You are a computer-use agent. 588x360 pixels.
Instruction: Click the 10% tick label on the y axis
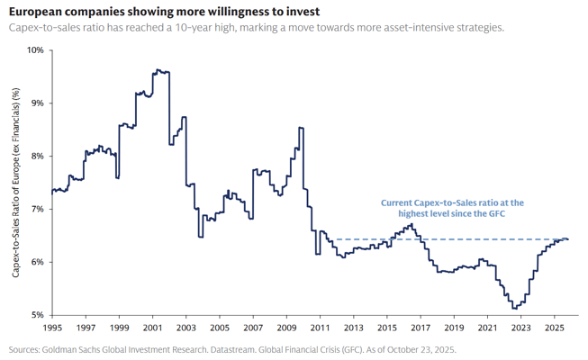point(32,49)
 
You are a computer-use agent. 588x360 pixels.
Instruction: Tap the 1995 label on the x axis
point(53,329)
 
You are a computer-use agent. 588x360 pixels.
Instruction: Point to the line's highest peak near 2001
point(158,69)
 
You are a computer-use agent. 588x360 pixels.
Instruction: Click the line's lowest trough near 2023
point(514,309)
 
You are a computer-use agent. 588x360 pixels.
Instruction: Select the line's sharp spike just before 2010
point(300,128)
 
